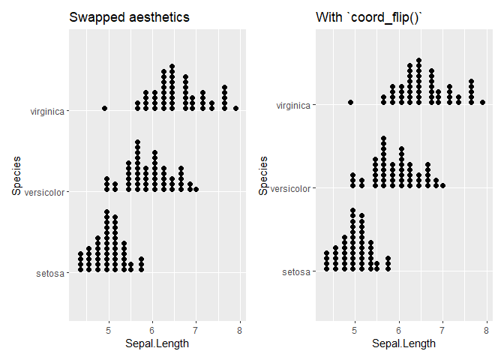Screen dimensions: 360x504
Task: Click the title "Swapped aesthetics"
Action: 129,17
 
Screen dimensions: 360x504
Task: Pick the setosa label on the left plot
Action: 50,273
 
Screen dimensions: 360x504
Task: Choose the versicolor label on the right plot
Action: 292,188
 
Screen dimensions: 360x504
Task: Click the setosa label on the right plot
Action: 296,271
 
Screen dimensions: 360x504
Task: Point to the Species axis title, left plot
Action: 16,175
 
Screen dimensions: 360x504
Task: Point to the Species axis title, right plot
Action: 263,175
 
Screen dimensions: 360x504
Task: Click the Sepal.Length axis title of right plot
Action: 403,344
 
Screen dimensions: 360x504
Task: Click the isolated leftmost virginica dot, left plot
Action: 105,108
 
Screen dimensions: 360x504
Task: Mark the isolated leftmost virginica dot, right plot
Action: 351,102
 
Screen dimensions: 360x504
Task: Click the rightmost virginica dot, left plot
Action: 235,108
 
